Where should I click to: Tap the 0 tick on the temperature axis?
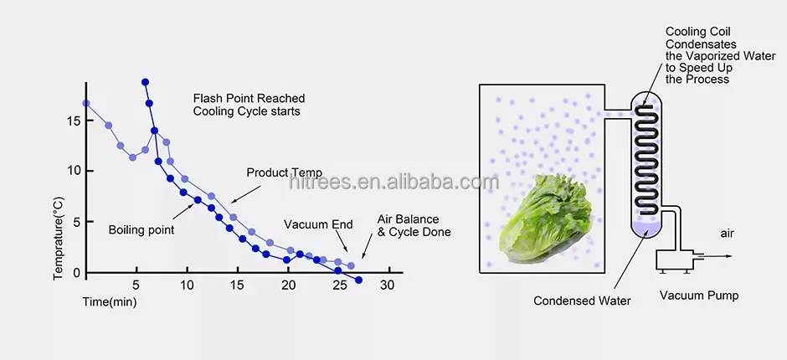pos(76,273)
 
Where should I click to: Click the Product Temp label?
pos(284,172)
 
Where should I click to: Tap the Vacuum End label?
pos(317,224)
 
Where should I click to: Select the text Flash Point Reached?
pos(249,98)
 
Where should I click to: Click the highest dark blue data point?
pos(146,82)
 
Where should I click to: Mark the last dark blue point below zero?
pos(359,280)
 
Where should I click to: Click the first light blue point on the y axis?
pos(86,104)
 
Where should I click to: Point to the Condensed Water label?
pos(582,300)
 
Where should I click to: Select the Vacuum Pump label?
pos(698,296)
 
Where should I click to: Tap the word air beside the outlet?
pos(726,233)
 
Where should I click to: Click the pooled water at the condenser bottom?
pos(645,229)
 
